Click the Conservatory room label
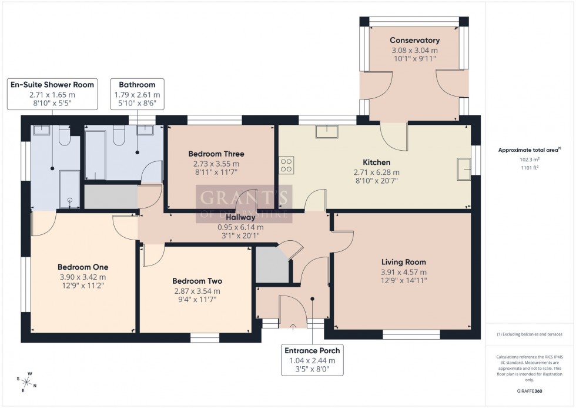point(414,40)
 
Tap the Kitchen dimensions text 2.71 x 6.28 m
point(376,173)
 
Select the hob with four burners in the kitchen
point(286,164)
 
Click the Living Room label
point(403,262)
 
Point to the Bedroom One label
point(82,267)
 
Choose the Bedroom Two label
point(197,281)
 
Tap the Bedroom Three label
point(216,154)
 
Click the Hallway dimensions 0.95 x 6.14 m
point(240,227)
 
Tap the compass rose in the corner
point(27,382)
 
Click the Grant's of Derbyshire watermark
point(243,203)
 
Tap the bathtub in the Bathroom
point(95,155)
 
